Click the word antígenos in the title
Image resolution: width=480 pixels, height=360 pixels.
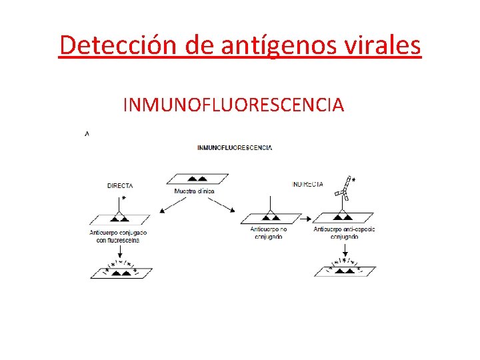(259, 45)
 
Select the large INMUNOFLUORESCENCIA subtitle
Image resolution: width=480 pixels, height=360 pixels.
(233, 105)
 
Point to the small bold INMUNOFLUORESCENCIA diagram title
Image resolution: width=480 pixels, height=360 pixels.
(235, 147)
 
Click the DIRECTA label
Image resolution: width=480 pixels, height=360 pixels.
(120, 186)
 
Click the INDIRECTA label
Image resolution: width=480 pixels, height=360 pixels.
(308, 184)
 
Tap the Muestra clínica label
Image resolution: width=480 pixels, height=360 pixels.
(195, 191)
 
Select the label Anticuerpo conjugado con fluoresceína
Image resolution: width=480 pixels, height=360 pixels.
(118, 236)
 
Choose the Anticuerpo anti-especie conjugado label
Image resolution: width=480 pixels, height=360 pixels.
(344, 233)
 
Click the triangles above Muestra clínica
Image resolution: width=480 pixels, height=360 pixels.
(197, 179)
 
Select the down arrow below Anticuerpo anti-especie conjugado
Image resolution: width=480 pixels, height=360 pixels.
(344, 249)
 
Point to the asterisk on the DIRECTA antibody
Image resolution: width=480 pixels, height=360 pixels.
(123, 198)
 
